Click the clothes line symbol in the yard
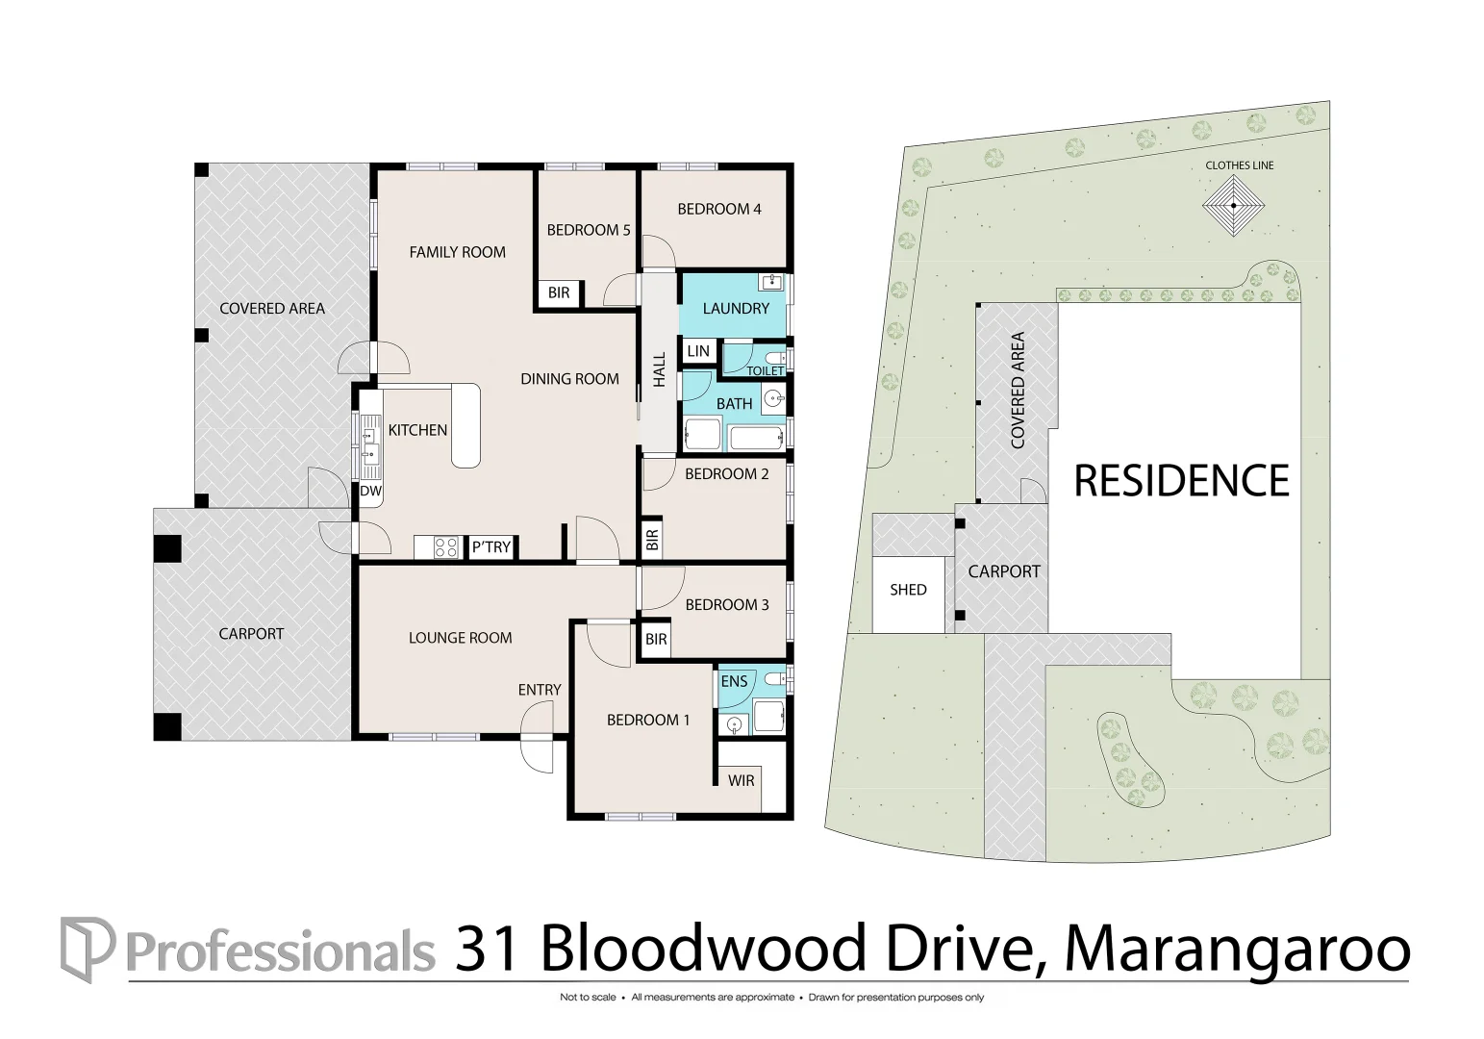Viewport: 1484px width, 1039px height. tap(1234, 206)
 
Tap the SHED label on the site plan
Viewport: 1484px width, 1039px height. tap(908, 590)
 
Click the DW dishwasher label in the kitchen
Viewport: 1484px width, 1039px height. tap(371, 491)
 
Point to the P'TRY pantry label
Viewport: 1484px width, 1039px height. tap(490, 546)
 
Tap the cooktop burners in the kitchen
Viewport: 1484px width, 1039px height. tap(446, 547)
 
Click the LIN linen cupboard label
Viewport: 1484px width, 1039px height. tap(698, 351)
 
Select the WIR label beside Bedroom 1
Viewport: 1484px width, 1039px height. tap(742, 780)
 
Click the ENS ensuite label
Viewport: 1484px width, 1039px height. tap(734, 681)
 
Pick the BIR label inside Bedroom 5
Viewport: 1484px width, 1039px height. tap(559, 292)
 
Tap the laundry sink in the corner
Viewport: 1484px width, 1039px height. tap(771, 283)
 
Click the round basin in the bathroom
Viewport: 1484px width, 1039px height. tap(772, 399)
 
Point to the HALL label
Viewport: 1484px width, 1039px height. tap(659, 369)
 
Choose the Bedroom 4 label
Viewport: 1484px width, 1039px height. tap(719, 210)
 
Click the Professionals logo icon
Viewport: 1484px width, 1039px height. tap(87, 949)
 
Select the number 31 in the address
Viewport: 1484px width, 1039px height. tap(486, 949)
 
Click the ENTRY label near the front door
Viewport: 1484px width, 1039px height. tap(540, 690)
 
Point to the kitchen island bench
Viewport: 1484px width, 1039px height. tap(465, 425)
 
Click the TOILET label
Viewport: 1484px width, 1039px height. tap(766, 371)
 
